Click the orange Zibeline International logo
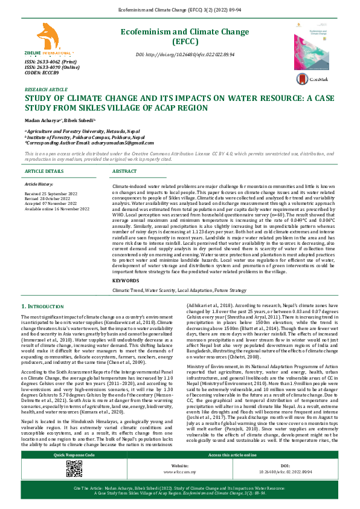(x=47, y=41)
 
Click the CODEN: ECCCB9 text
(x=41, y=73)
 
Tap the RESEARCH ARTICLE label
(x=46, y=89)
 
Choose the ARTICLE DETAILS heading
(x=44, y=172)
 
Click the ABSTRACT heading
(x=125, y=172)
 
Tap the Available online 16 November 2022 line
(x=57, y=209)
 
